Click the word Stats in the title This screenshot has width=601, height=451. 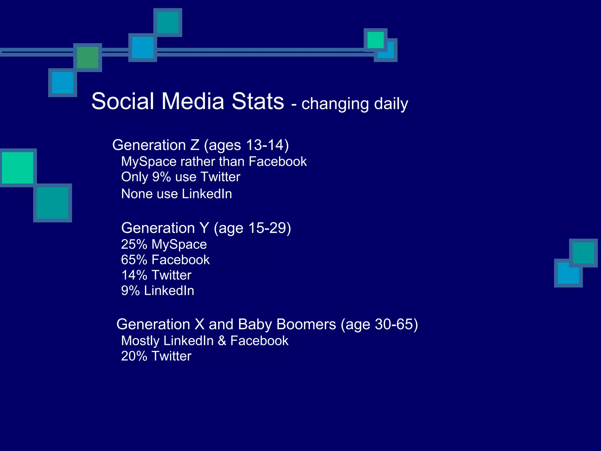[x=258, y=101]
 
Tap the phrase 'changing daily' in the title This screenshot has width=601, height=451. [x=354, y=104]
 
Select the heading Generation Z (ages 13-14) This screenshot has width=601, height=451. [x=200, y=145]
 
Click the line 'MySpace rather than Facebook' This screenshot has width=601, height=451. [x=214, y=161]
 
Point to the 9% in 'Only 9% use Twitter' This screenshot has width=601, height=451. [x=161, y=177]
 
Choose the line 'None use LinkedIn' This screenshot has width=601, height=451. [x=176, y=194]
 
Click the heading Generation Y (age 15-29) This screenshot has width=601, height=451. [x=206, y=228]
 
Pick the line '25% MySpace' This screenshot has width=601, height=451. [x=164, y=244]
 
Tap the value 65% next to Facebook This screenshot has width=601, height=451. [x=134, y=260]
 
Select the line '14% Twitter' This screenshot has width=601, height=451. [x=156, y=275]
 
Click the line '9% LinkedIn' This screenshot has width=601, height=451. [x=158, y=291]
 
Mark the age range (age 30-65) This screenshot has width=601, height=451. [x=379, y=324]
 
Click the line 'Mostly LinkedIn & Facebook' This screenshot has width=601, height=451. [x=205, y=341]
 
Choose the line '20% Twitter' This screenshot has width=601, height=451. [x=156, y=356]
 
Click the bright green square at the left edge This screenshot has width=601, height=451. [x=18, y=168]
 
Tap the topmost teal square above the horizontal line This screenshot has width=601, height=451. [x=168, y=23]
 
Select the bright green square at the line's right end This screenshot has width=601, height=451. [x=375, y=40]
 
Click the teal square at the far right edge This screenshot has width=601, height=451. [x=583, y=253]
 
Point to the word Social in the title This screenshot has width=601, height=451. [x=123, y=101]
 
